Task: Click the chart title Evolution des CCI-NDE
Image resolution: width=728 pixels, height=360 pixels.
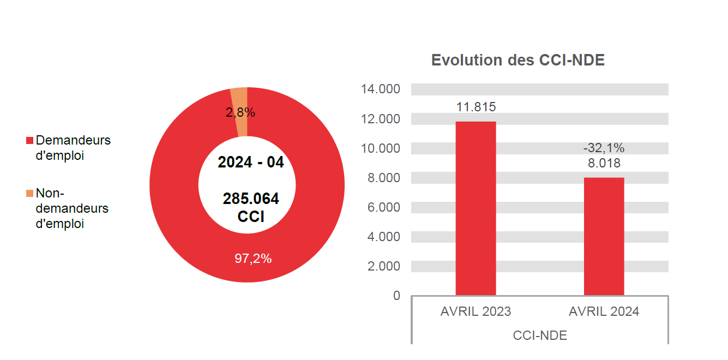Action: point(518,61)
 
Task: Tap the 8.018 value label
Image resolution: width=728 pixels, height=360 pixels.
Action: point(604,163)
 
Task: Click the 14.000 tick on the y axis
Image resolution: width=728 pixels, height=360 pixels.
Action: point(380,89)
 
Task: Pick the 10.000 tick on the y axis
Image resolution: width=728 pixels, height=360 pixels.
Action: point(380,148)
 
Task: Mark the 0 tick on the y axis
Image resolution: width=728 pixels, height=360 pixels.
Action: point(396,296)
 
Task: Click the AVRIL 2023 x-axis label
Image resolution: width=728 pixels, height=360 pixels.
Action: point(476,312)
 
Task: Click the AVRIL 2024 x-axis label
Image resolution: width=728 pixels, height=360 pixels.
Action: point(604,312)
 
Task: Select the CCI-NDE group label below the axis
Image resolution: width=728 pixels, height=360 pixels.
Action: point(540,335)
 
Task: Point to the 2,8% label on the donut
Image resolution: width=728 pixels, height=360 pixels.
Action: point(240,113)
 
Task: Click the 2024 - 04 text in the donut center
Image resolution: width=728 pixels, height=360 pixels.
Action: point(251,163)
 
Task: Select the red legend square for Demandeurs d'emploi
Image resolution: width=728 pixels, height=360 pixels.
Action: point(30,141)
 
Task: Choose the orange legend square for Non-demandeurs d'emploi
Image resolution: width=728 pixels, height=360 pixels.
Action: point(30,194)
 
